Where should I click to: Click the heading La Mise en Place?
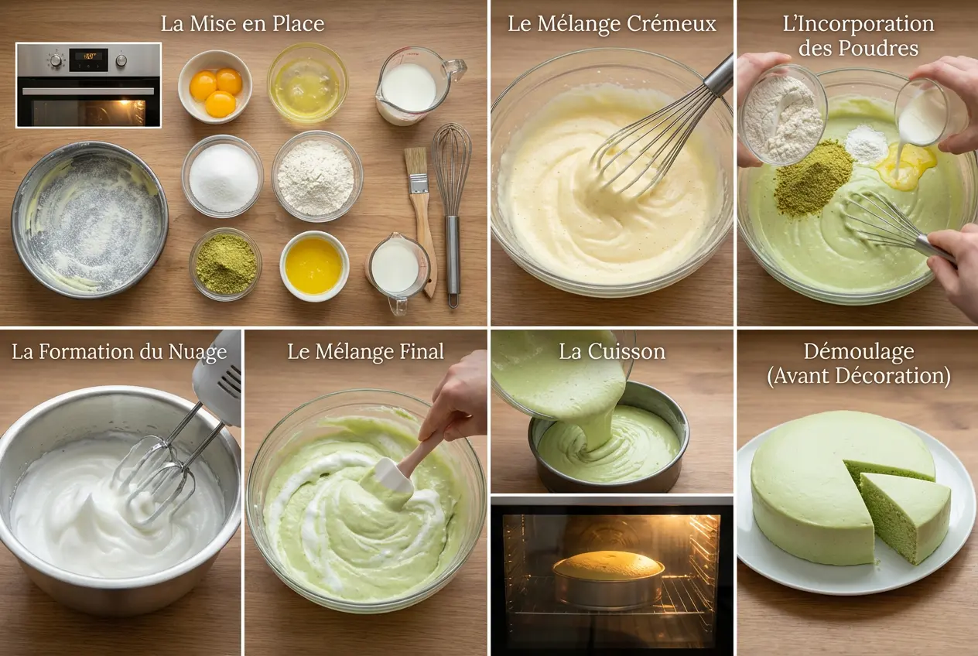click(242, 23)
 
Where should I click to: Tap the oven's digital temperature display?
click(89, 56)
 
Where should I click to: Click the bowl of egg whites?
click(307, 82)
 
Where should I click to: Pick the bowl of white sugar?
click(223, 177)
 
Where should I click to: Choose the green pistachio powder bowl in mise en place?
click(225, 264)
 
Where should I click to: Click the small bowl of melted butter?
click(313, 265)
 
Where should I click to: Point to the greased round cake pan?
click(90, 219)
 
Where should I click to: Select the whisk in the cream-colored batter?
click(650, 147)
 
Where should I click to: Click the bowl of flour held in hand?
click(783, 116)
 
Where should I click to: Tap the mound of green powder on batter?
click(814, 178)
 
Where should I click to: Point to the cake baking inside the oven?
click(609, 577)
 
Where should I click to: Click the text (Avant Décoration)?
click(859, 376)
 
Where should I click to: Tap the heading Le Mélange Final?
click(365, 351)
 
